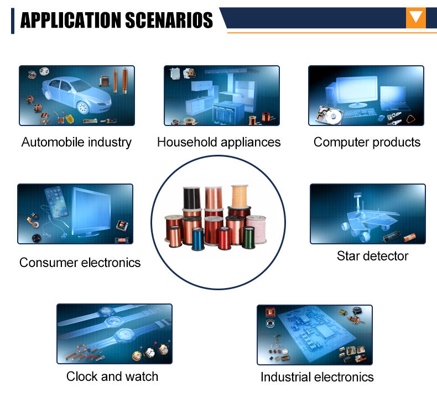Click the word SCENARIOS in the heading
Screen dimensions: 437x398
(x=169, y=20)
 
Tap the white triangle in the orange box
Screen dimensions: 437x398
(x=416, y=17)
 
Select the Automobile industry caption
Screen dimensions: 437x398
(x=76, y=142)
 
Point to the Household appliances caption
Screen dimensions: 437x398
(x=219, y=142)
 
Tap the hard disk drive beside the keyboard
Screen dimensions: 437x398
(x=330, y=115)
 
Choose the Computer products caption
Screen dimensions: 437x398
(x=367, y=142)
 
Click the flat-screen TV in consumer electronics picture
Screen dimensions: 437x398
(x=91, y=212)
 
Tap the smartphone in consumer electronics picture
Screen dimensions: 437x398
(x=56, y=202)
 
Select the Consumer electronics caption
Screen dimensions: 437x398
(x=80, y=263)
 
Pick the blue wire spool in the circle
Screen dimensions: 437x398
(x=198, y=238)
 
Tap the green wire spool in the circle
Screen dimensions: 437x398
(x=248, y=237)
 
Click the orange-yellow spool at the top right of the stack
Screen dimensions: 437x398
(x=240, y=196)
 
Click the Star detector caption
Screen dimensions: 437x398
(x=372, y=256)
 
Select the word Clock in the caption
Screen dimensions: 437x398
(x=82, y=376)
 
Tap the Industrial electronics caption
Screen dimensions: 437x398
(x=317, y=377)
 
